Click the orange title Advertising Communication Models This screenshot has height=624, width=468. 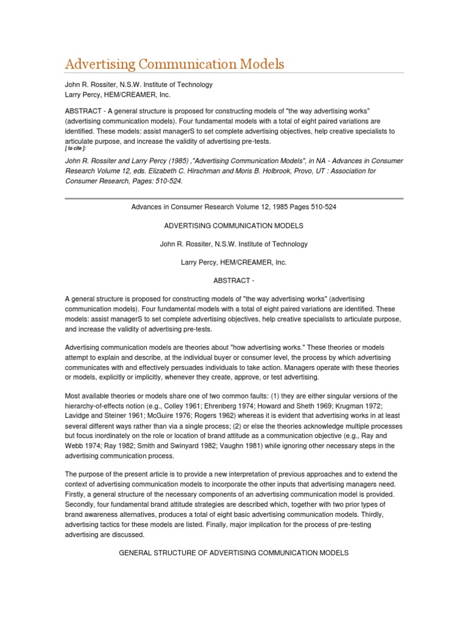click(x=174, y=64)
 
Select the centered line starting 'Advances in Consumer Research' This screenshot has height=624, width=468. click(x=234, y=207)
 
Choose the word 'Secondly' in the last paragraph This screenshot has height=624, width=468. click(x=81, y=504)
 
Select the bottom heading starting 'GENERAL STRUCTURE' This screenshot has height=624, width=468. click(x=234, y=553)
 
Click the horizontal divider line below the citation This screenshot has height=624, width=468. click(x=234, y=198)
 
